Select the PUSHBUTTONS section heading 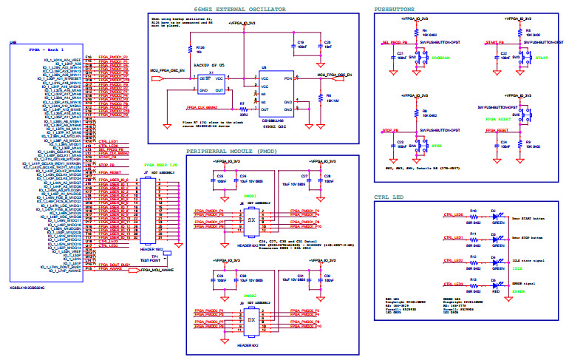click(x=396, y=8)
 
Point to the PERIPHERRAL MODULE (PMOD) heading click(x=236, y=150)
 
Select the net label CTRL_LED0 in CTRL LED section click(x=452, y=215)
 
